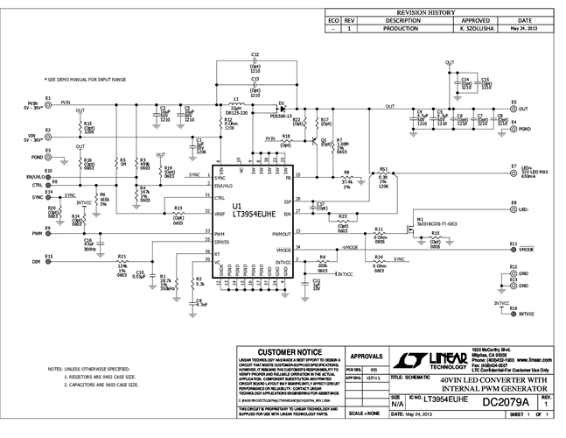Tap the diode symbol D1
coord(282,104)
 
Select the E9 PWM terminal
coord(48,234)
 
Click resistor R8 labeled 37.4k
coord(347,179)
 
